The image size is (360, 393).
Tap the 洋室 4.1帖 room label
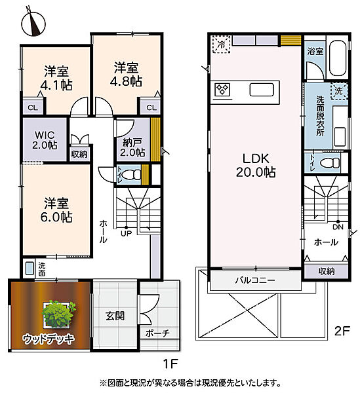coord(56,78)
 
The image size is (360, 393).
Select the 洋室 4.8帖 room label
coord(126,75)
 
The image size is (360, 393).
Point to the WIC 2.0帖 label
coord(45,140)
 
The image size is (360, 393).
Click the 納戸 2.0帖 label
coord(132,147)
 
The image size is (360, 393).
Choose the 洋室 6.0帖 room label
coord(56,210)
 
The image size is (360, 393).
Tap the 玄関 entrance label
coord(115,316)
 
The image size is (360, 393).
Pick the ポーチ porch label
coord(157,333)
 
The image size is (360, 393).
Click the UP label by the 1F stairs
coord(126,234)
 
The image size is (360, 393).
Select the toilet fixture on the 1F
coord(132,174)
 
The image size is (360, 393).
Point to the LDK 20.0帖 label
coord(256,166)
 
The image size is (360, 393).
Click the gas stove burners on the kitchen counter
coord(222,90)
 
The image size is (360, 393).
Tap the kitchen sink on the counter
coord(262,90)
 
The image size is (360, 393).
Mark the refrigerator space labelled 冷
coord(221,45)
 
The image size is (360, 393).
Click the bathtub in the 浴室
coord(337,58)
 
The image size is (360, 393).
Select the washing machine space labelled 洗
coord(339,91)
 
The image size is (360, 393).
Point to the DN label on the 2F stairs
coord(338,227)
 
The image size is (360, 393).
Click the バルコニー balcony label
coord(255,280)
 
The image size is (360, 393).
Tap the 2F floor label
coord(342,331)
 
